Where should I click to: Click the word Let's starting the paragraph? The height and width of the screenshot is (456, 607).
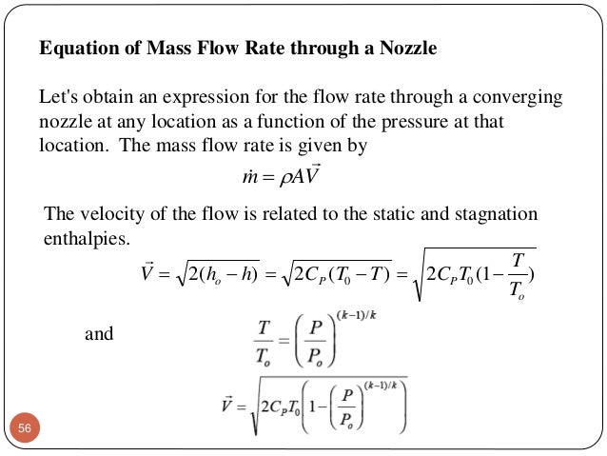(x=59, y=98)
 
